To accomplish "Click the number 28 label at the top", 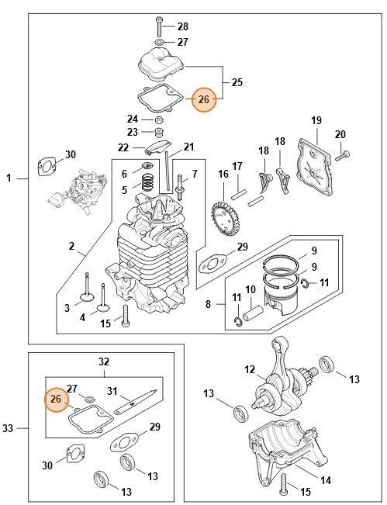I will (x=182, y=26).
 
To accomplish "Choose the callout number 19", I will (x=316, y=120).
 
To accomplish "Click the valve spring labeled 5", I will (x=144, y=186).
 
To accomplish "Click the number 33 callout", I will (x=9, y=428).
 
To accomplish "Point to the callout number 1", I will (x=9, y=178).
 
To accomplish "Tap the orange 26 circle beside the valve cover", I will (x=203, y=99).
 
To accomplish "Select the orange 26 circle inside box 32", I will (x=55, y=399).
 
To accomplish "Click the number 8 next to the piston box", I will (x=209, y=304).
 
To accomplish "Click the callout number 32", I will (x=103, y=361).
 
